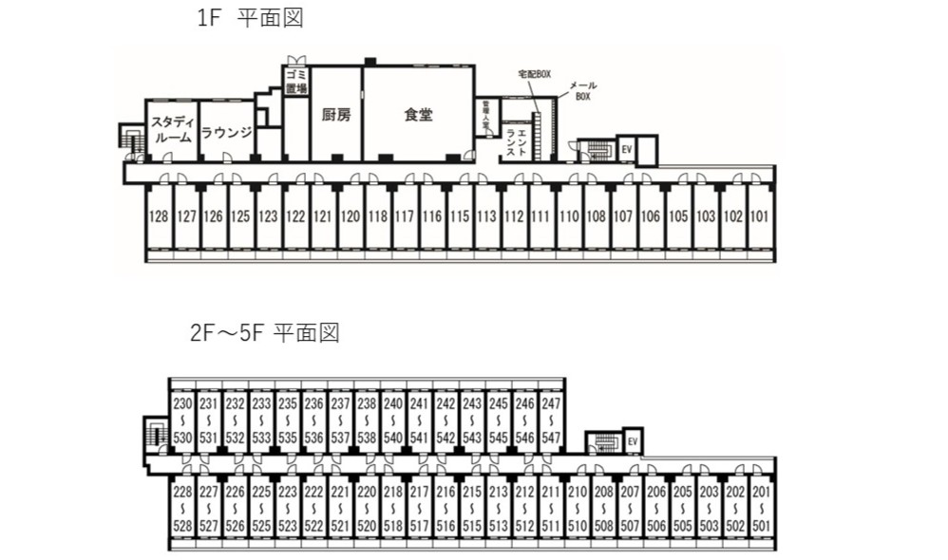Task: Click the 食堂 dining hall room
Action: (418, 115)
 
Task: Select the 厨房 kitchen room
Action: (336, 115)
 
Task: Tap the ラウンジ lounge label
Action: (226, 133)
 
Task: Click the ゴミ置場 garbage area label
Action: (295, 81)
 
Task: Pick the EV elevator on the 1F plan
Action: (626, 149)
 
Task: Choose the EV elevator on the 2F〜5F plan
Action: (632, 441)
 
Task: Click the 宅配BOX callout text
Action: (534, 73)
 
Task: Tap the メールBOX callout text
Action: (582, 91)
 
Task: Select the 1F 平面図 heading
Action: (242, 19)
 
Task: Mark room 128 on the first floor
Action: (159, 216)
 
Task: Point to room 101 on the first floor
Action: (760, 216)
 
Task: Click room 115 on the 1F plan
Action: (460, 216)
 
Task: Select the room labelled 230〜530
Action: (183, 420)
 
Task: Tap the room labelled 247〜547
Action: (551, 420)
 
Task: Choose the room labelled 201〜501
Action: (762, 510)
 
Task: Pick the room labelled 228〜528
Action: (183, 510)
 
